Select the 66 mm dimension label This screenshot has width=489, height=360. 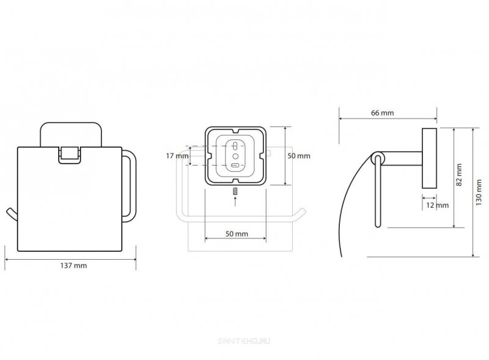pyautogui.click(x=381, y=113)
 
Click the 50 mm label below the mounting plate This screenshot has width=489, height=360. pyautogui.click(x=237, y=234)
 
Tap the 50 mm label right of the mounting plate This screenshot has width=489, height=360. pyautogui.click(x=300, y=156)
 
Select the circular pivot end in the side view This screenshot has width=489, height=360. pyautogui.click(x=377, y=161)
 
